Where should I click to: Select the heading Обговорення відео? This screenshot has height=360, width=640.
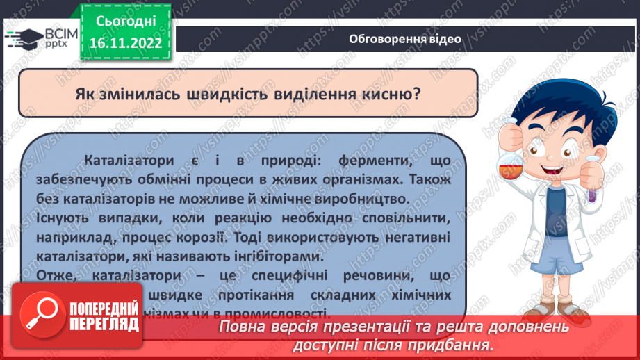point(405,39)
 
